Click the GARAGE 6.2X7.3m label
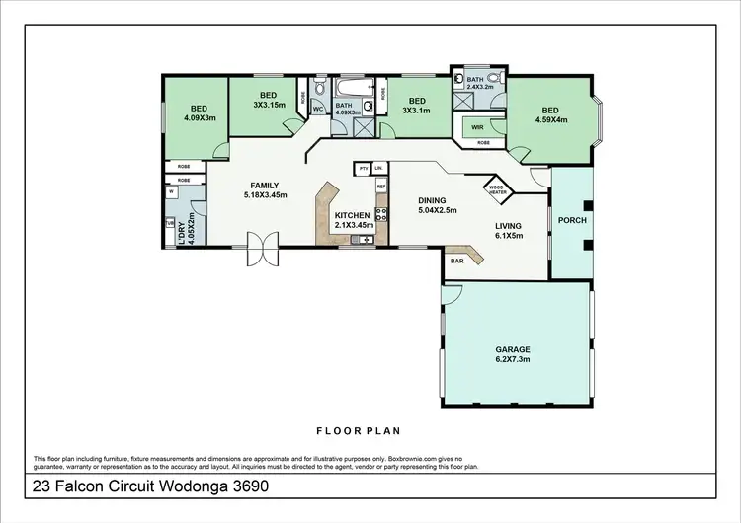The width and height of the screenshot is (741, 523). (x=513, y=354)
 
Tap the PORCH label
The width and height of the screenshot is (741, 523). (x=573, y=219)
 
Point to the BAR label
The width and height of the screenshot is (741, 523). (x=458, y=261)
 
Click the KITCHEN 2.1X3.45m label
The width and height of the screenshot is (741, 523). (x=352, y=220)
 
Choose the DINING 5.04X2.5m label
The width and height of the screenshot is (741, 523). (x=439, y=204)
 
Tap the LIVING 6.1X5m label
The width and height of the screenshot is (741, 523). (x=509, y=230)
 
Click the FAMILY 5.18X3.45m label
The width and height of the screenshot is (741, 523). (x=264, y=189)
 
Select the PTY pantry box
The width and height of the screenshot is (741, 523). (x=364, y=169)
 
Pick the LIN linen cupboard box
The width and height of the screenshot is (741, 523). (x=378, y=169)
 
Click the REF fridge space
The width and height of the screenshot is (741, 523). (x=380, y=186)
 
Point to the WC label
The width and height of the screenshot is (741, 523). (x=319, y=109)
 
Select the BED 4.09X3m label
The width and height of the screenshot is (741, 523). (x=199, y=113)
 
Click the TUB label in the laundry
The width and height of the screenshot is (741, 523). (x=170, y=223)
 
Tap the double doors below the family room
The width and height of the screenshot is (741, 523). (x=264, y=249)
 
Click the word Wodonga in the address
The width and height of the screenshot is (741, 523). (x=182, y=486)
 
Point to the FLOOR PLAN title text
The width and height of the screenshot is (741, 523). (x=358, y=430)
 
